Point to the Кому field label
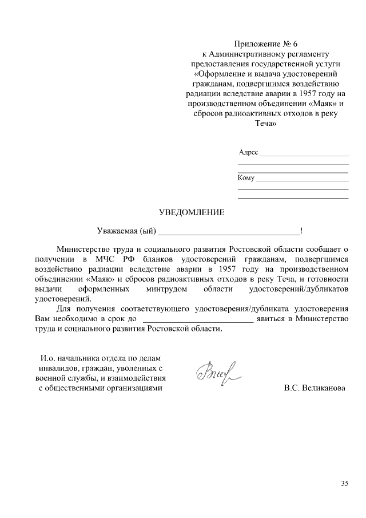(x=246, y=178)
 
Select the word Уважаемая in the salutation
(x=117, y=231)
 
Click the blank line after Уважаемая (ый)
(x=228, y=232)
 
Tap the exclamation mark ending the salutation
(x=301, y=231)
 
